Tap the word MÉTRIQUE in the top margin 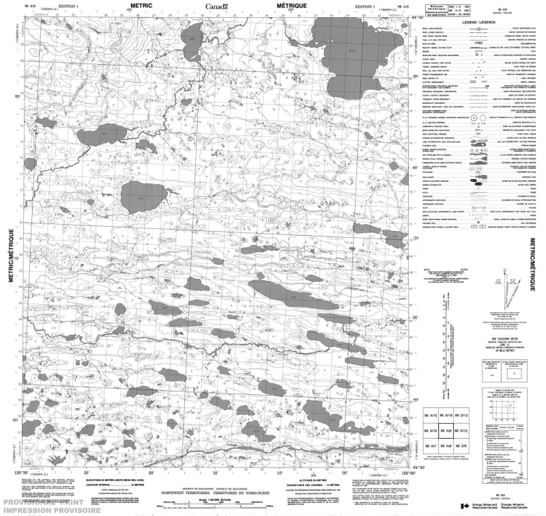point(292,5)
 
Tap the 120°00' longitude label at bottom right point(408,472)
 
